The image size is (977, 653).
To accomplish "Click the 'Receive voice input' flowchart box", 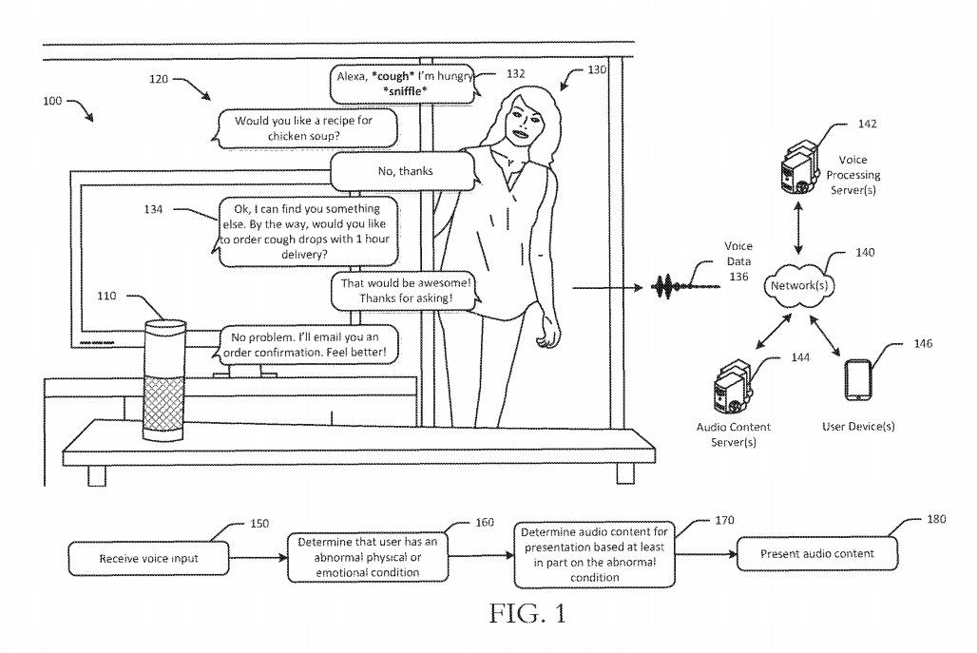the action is click(x=148, y=558).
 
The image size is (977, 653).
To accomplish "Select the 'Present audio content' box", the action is click(x=817, y=553).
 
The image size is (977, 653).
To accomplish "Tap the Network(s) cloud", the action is click(x=799, y=285).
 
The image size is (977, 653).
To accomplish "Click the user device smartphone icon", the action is click(x=857, y=379).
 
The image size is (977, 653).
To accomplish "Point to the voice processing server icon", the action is click(x=798, y=168).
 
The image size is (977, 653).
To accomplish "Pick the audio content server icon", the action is click(x=733, y=386).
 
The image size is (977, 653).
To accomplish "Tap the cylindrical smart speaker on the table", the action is click(x=165, y=381).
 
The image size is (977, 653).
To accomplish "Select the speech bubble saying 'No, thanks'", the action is click(x=405, y=171).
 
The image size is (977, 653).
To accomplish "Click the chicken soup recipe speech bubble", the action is click(x=306, y=128).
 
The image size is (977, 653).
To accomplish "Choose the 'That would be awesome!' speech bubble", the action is click(x=406, y=290).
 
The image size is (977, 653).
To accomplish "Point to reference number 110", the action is click(x=106, y=296).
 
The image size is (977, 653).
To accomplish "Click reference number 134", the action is click(x=153, y=209).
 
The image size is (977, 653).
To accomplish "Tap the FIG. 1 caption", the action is click(x=527, y=614).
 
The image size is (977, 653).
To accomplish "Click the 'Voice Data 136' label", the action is click(x=738, y=261).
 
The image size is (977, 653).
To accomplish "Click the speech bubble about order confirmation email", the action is click(x=306, y=345).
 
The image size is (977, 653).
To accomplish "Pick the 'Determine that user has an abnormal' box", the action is click(x=367, y=558).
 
